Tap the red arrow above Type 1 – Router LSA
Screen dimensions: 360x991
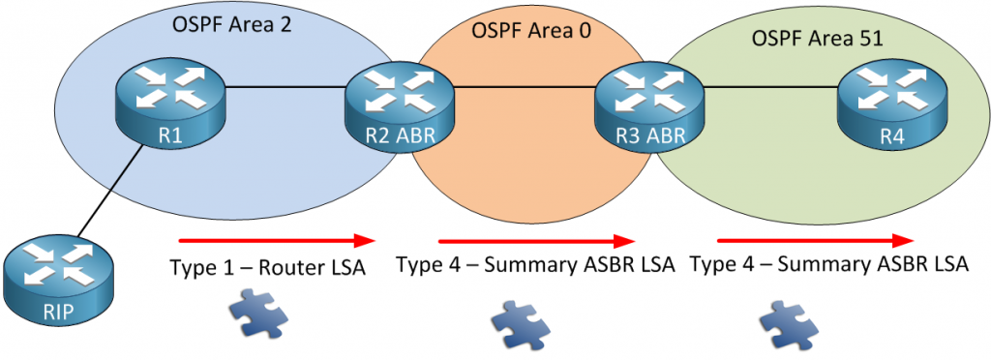[x=276, y=239]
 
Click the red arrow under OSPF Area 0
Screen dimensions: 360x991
[x=537, y=240]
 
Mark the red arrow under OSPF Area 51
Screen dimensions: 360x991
[x=816, y=240]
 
